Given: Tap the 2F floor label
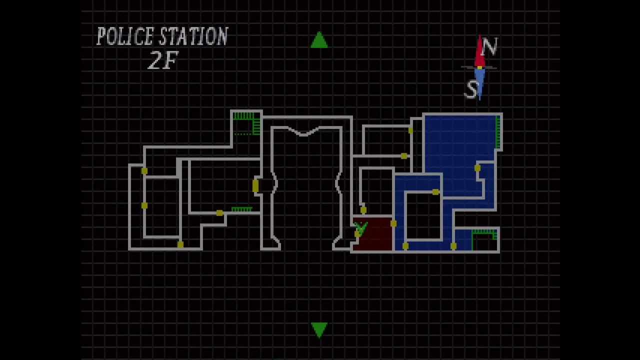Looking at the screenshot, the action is [162, 60].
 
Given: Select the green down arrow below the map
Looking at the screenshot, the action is [319, 329].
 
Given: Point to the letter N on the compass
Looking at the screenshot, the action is [489, 47].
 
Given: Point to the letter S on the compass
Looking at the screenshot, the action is [471, 89].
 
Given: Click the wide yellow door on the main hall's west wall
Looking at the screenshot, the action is [255, 185].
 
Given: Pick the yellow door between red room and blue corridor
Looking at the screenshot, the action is [393, 223].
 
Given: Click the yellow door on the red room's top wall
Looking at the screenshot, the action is [363, 210].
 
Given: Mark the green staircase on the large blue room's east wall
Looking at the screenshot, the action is [497, 131].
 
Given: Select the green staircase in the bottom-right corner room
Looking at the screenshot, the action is [484, 232].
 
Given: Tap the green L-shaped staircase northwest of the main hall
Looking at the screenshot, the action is [248, 121].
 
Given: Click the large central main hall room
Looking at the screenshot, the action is [306, 185].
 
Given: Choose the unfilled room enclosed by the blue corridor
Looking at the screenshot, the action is [423, 216].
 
